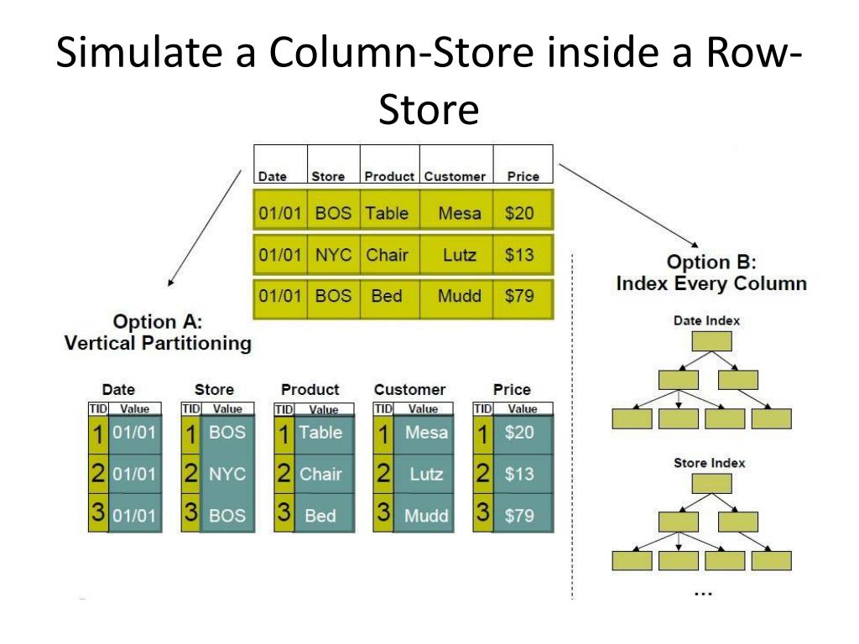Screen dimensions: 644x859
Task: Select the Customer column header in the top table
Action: point(455,177)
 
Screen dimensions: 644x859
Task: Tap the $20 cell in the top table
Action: point(519,213)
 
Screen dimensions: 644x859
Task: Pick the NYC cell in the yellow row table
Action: point(333,255)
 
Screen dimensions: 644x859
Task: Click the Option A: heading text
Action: point(158,322)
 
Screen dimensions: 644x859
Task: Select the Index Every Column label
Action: point(711,283)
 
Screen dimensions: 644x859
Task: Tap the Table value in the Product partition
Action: point(320,433)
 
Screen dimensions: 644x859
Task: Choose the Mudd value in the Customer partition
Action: point(426,516)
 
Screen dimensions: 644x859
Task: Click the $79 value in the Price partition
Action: point(519,516)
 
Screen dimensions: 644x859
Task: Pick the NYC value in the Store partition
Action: point(227,474)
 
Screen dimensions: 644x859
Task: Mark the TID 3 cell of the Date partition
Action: point(97,514)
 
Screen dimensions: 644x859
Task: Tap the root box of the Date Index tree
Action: point(711,341)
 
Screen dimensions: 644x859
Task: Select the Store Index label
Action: point(709,463)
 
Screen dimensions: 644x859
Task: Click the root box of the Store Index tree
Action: point(711,484)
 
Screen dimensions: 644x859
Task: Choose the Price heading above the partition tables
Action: point(512,390)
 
